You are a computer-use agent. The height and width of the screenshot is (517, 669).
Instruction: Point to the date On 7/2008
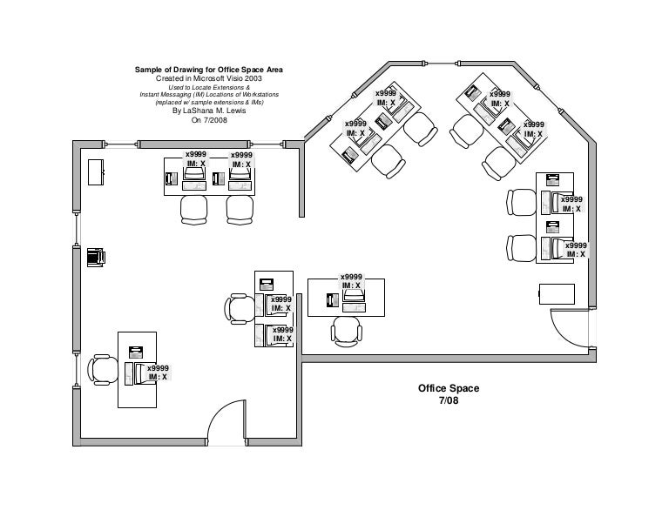click(207, 120)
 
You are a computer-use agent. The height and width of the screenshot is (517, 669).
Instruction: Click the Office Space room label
click(448, 389)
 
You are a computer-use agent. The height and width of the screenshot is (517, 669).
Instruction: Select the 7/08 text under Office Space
click(448, 401)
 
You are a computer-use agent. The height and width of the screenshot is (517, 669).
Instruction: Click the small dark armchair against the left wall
click(96, 257)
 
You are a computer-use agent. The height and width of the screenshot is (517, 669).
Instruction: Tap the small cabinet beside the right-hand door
click(557, 292)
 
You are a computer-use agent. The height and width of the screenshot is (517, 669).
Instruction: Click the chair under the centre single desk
click(346, 330)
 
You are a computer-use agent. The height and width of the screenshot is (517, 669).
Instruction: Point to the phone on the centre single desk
click(330, 301)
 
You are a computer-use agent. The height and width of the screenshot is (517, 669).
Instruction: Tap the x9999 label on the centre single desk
click(352, 277)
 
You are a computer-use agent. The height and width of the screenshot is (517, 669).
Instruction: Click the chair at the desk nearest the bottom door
click(103, 369)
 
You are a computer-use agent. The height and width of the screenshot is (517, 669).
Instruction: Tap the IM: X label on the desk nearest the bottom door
click(158, 377)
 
